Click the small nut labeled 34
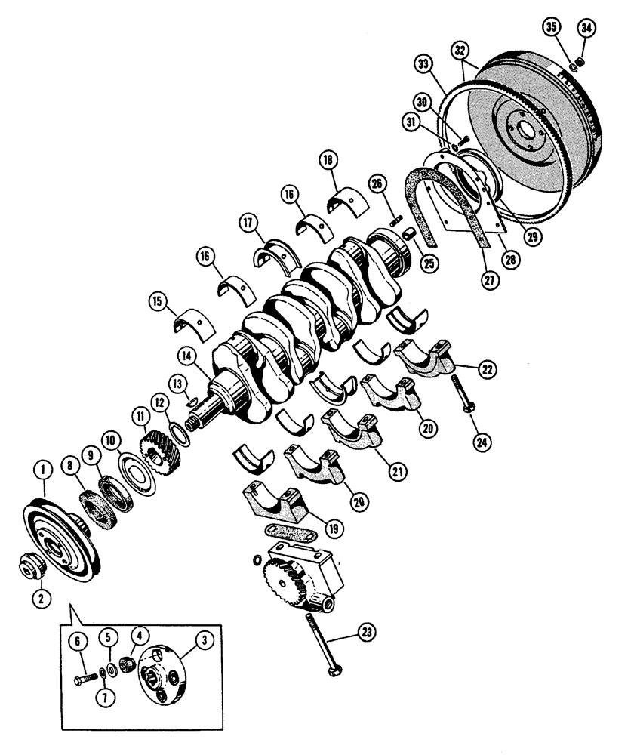pyautogui.click(x=580, y=60)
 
